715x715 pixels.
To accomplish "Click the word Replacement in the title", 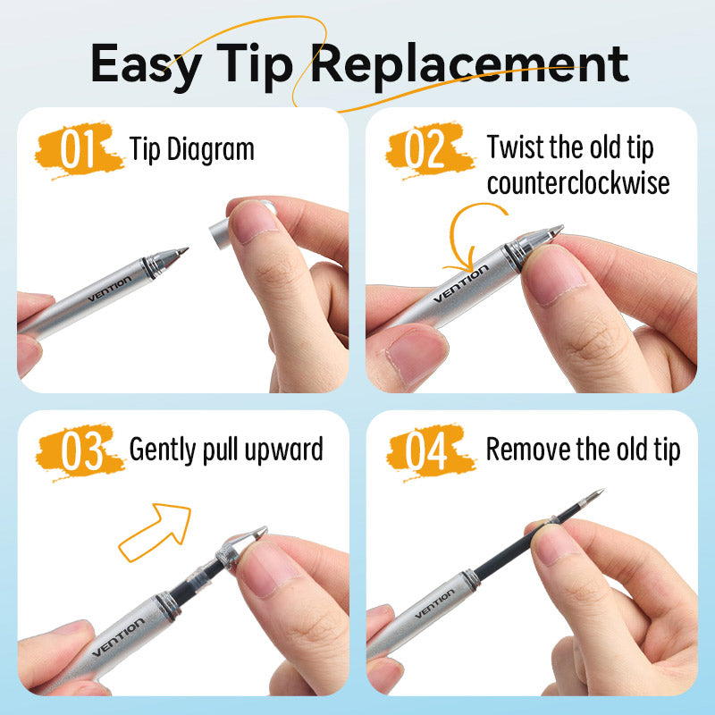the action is pyautogui.click(x=470, y=65).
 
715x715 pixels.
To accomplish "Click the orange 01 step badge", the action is pyautogui.click(x=79, y=149).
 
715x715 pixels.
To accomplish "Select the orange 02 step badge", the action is pyautogui.click(x=429, y=149).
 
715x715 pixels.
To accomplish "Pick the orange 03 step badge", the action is pyautogui.click(x=80, y=451).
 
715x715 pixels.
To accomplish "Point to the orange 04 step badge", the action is pyautogui.click(x=430, y=451).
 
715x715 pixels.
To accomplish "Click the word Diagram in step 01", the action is pyautogui.click(x=211, y=150).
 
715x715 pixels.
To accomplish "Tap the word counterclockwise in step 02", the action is pyautogui.click(x=578, y=183).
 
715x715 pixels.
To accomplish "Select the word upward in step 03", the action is pyautogui.click(x=283, y=450).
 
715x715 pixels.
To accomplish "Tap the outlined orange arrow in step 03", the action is pyautogui.click(x=155, y=532).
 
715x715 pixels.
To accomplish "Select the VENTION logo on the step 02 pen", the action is pyautogui.click(x=460, y=284).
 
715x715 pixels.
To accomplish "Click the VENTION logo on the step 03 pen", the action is pyautogui.click(x=118, y=638).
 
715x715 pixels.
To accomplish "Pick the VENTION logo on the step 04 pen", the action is pyautogui.click(x=434, y=604).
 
